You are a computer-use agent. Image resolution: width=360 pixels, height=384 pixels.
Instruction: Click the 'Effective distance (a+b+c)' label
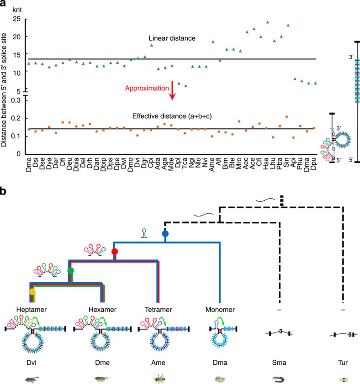[165, 116]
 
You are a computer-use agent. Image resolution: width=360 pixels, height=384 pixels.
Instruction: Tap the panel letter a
[4, 4]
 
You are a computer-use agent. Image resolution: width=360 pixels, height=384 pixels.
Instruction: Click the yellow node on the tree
[32, 291]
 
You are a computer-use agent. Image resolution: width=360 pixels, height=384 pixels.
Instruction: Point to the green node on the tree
[70, 271]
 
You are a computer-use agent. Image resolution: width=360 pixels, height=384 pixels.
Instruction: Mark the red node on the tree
[115, 252]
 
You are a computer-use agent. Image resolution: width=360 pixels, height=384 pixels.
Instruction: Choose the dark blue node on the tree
[165, 234]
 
